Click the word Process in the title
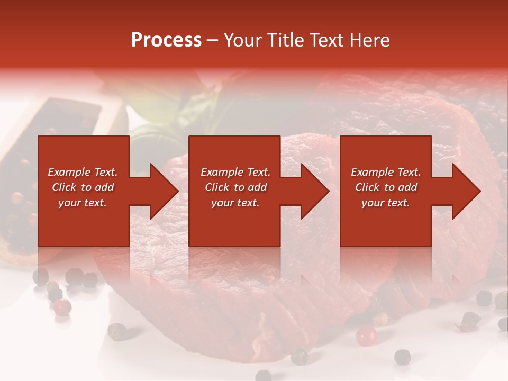coord(166,40)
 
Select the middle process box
coord(234,222)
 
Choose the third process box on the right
coord(385,222)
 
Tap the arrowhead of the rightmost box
coord(465,191)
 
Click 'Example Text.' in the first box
coord(83,172)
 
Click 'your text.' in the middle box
coord(235,203)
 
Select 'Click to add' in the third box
coord(386,187)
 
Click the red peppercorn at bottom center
coord(366,335)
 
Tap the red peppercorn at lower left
coord(62,306)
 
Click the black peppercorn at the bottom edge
coord(263,376)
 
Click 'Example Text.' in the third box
coord(385,172)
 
